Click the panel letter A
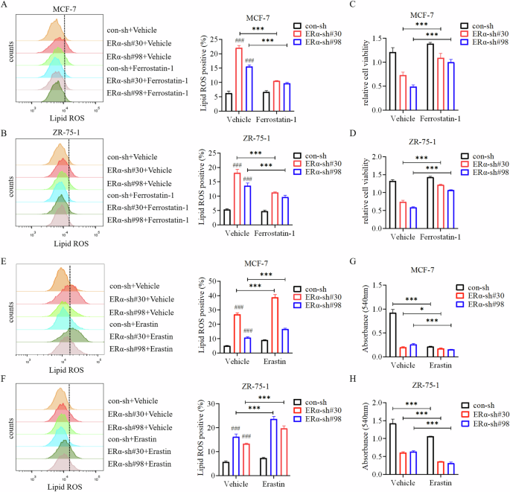5,7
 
